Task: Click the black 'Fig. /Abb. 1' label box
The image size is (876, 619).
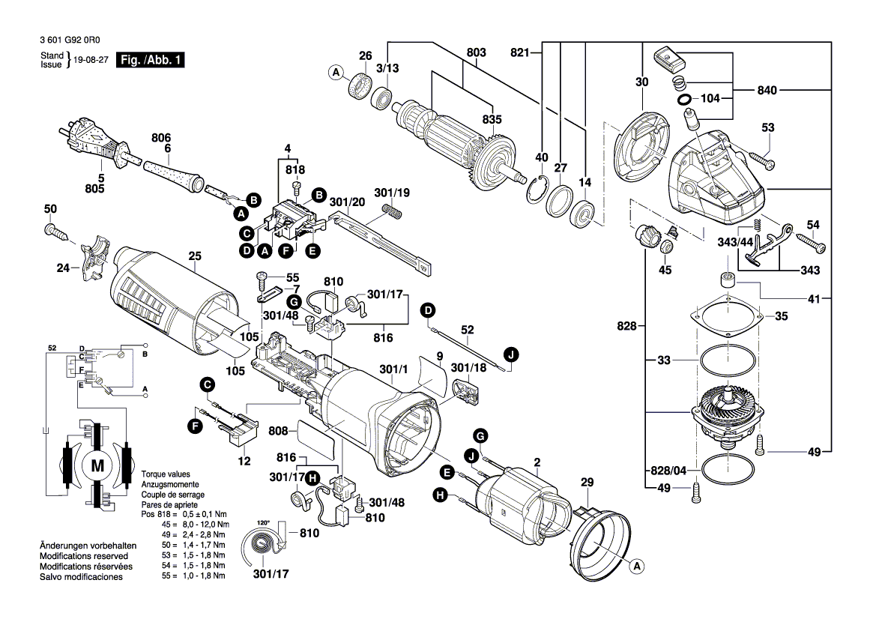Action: (x=149, y=60)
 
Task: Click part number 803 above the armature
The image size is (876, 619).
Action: (x=476, y=52)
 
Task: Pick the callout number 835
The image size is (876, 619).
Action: (x=492, y=119)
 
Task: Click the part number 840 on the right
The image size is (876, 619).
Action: (x=789, y=91)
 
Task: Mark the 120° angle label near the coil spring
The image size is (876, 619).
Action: (x=263, y=522)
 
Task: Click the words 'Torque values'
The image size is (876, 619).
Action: (x=166, y=474)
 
